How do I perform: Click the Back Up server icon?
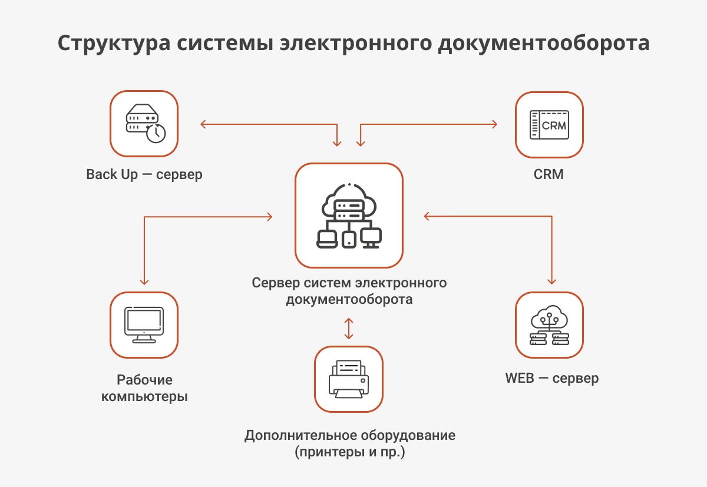pos(144,124)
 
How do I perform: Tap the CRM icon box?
pos(549,124)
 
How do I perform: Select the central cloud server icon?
pos(349,216)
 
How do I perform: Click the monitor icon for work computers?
pos(144,325)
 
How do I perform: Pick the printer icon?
pos(349,379)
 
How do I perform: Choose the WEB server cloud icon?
pos(549,325)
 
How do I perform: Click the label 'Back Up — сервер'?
pos(144,175)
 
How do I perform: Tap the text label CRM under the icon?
pos(549,175)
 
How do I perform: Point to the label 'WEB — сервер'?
pos(551,377)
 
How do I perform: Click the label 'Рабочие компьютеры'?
pos(144,388)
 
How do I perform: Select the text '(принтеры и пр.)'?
pos(350,453)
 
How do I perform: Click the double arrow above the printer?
pos(349,329)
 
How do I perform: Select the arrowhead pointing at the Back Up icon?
pos(203,124)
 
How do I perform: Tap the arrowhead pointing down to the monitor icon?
pos(144,281)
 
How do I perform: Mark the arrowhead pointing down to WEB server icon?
pos(552,281)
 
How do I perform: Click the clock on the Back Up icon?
pos(156,133)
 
